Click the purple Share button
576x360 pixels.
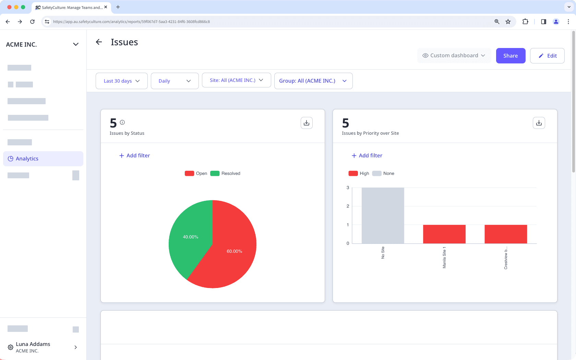coord(510,56)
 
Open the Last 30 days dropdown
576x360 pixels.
coord(121,81)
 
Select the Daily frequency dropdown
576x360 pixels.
coord(175,81)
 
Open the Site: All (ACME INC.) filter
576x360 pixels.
coord(236,80)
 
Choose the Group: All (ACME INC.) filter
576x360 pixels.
coord(313,81)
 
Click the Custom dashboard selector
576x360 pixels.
coord(454,56)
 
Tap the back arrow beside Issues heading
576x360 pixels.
coord(99,42)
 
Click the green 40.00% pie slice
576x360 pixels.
coord(191,233)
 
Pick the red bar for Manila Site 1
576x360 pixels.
coord(444,234)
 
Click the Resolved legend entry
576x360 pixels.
coord(226,173)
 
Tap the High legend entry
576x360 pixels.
coord(359,173)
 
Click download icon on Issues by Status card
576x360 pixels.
coord(307,123)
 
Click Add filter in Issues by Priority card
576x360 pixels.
coord(367,156)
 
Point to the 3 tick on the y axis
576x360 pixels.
coord(348,188)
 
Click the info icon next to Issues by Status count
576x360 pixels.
coord(122,122)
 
